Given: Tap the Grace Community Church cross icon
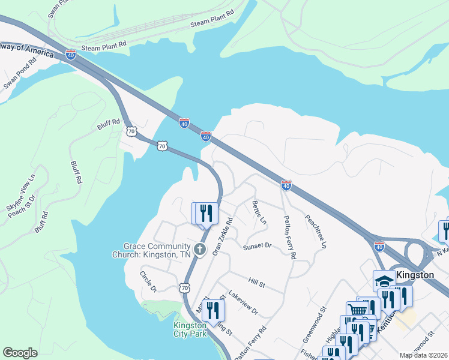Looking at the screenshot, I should [200, 249].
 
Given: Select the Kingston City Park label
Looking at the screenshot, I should [190, 329].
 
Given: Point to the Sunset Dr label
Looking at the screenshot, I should [258, 246].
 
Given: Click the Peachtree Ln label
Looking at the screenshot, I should [316, 232].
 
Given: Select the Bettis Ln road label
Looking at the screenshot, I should [259, 212].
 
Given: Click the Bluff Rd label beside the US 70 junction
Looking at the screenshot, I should [109, 125].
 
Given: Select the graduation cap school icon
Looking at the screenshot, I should [385, 281].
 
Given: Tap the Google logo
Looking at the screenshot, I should [20, 353].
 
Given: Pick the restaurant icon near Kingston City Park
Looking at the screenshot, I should [212, 311].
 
